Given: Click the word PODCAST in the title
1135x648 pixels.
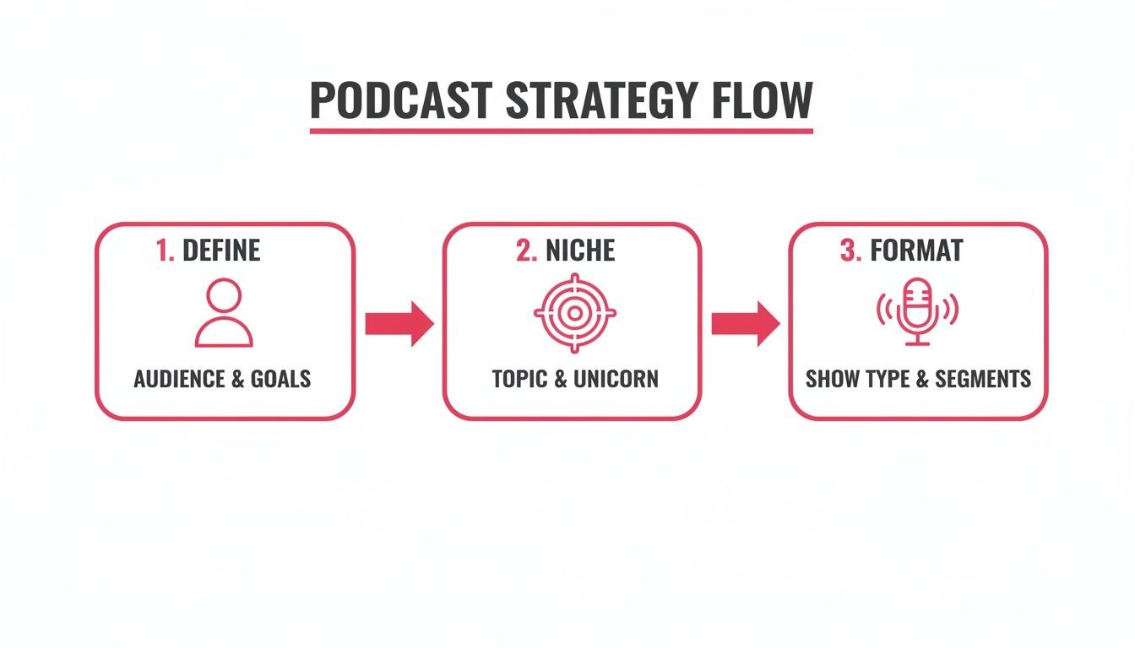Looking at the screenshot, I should click(x=400, y=100).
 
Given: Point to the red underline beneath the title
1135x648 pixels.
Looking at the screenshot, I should click(x=561, y=131).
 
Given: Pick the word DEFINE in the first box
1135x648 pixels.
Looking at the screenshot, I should click(x=221, y=251).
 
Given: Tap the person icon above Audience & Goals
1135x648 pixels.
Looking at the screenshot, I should click(x=224, y=314).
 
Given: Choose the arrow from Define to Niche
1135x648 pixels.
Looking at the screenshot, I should click(x=399, y=324).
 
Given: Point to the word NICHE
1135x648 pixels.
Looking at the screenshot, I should click(x=580, y=251).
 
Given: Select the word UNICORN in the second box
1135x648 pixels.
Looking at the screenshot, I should click(x=616, y=379).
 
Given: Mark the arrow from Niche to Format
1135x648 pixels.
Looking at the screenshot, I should click(x=745, y=324).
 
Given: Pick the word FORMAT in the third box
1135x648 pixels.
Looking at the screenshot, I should click(x=916, y=251).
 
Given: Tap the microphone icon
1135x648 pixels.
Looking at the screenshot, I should click(x=917, y=312).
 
